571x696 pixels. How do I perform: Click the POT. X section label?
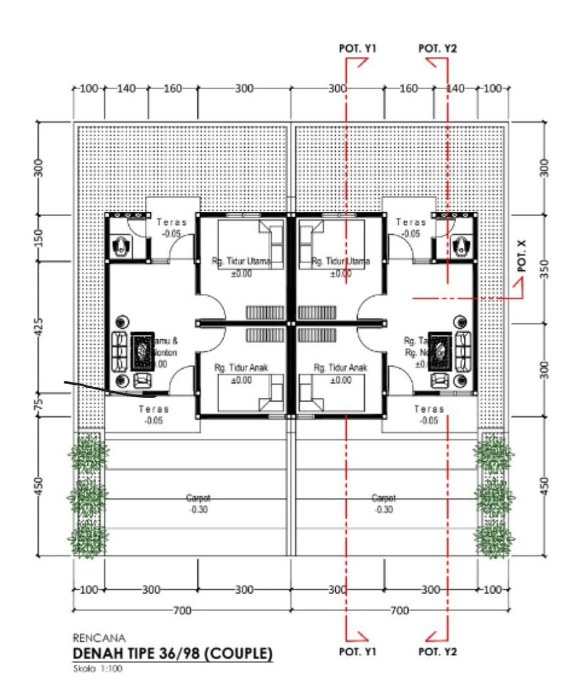click(x=522, y=256)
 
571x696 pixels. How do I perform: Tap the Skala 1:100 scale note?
click(x=98, y=669)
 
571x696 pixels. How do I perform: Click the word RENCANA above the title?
click(x=99, y=637)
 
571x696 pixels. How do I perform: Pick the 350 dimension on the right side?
click(x=546, y=268)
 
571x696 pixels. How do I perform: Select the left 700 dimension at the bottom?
click(x=182, y=611)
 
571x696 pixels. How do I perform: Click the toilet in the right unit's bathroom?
click(x=461, y=246)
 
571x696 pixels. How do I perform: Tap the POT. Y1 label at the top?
click(x=357, y=48)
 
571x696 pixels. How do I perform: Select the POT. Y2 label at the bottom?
click(x=437, y=651)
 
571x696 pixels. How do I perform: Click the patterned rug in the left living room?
click(x=142, y=352)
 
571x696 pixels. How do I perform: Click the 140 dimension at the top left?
click(x=125, y=88)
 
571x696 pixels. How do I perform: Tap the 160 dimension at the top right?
click(x=409, y=88)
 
